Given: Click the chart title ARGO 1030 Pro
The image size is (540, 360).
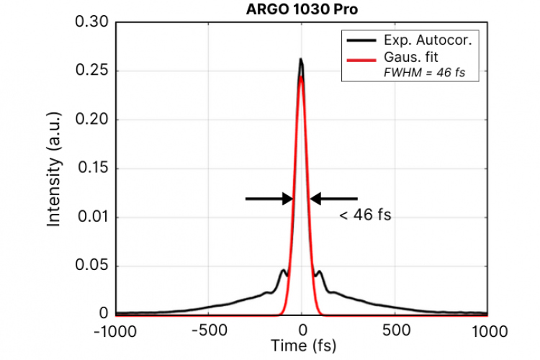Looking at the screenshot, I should coord(300,10).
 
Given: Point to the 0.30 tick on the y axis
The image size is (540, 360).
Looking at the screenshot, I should coord(91,22).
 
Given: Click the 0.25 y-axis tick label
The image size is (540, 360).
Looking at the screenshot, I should coord(91,71).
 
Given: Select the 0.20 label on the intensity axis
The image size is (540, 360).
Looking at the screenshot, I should coord(91,120).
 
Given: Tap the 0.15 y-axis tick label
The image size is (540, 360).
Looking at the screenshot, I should coord(91,168).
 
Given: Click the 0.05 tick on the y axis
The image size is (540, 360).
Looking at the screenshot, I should coord(91,266).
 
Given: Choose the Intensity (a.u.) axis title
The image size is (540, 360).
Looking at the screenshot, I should coord(53,173).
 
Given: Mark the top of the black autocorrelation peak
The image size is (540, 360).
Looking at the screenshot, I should coord(301,59).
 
